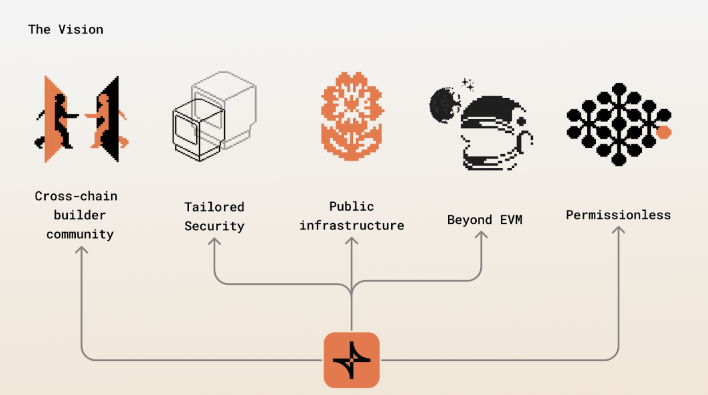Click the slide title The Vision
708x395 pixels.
(x=66, y=30)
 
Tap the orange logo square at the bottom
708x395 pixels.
(x=351, y=360)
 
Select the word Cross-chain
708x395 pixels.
(x=76, y=196)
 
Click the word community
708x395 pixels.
(x=80, y=235)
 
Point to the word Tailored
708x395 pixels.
(x=214, y=207)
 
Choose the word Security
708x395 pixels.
(x=214, y=226)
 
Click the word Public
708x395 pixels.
(x=351, y=207)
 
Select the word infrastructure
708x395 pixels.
(x=351, y=225)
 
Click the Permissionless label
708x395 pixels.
(x=618, y=215)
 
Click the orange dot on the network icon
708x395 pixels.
(x=663, y=132)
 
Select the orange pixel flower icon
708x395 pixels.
(x=352, y=116)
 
